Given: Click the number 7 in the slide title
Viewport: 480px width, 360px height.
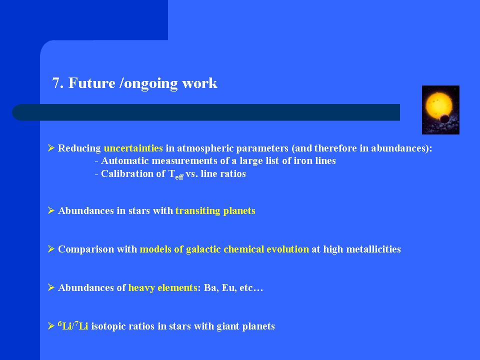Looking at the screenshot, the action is point(56,83).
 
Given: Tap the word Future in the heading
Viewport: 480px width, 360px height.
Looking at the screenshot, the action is point(91,83).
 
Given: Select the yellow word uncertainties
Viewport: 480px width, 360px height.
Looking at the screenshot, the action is point(133,148).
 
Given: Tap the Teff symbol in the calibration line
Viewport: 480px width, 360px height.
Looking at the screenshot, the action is point(176,174).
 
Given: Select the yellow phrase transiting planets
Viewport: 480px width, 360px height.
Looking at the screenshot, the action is point(215,211).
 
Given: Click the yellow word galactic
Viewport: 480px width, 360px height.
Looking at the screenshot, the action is point(203,249).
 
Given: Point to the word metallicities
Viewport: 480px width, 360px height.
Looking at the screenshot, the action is point(373,249).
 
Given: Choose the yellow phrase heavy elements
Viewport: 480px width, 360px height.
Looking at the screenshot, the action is point(162,288).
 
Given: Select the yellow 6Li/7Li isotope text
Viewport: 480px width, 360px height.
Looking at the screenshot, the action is point(73,325).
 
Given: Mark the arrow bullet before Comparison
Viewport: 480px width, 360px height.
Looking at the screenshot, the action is point(51,249).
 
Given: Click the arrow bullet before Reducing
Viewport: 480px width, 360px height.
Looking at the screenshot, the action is point(51,148).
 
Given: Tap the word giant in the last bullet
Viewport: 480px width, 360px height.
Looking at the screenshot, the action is point(228,326).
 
